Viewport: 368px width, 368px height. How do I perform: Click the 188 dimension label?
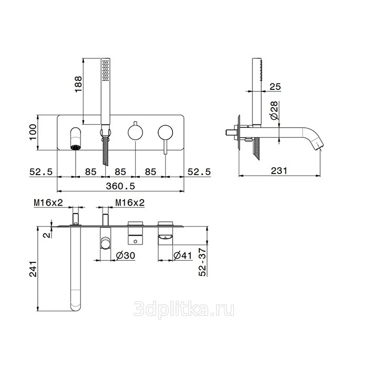(x=78, y=84)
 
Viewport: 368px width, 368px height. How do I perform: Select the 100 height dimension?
(x=33, y=132)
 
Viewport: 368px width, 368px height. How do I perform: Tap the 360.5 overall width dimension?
(x=120, y=186)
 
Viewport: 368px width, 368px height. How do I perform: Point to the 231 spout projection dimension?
(x=279, y=171)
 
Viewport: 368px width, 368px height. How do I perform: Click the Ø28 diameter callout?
(x=274, y=110)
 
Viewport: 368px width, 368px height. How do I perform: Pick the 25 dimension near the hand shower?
(x=275, y=87)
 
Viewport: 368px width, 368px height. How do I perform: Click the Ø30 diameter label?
(x=126, y=255)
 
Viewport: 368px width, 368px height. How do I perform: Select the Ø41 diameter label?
(x=183, y=255)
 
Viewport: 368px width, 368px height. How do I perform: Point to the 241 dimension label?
(x=33, y=269)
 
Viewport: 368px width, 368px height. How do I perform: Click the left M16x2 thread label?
(x=48, y=202)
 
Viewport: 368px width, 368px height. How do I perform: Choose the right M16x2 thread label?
(x=130, y=202)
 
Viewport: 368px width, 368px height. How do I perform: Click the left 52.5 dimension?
(x=41, y=172)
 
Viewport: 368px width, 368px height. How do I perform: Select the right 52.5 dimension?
(x=199, y=172)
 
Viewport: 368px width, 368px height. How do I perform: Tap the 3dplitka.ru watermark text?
(x=184, y=310)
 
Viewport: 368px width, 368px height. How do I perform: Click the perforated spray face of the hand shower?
(x=106, y=70)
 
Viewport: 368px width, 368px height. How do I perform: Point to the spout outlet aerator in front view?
(x=76, y=147)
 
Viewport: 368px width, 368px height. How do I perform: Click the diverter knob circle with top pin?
(x=136, y=131)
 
